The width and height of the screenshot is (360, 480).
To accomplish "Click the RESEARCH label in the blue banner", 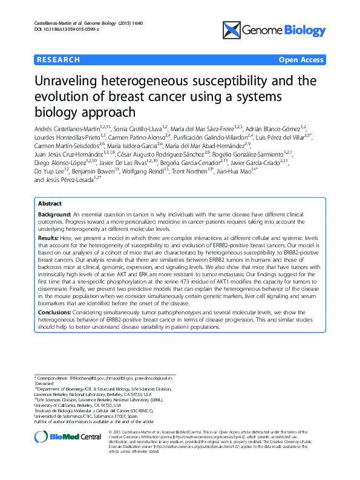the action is click(58, 60).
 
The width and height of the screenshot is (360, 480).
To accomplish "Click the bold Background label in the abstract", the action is click(53, 215).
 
